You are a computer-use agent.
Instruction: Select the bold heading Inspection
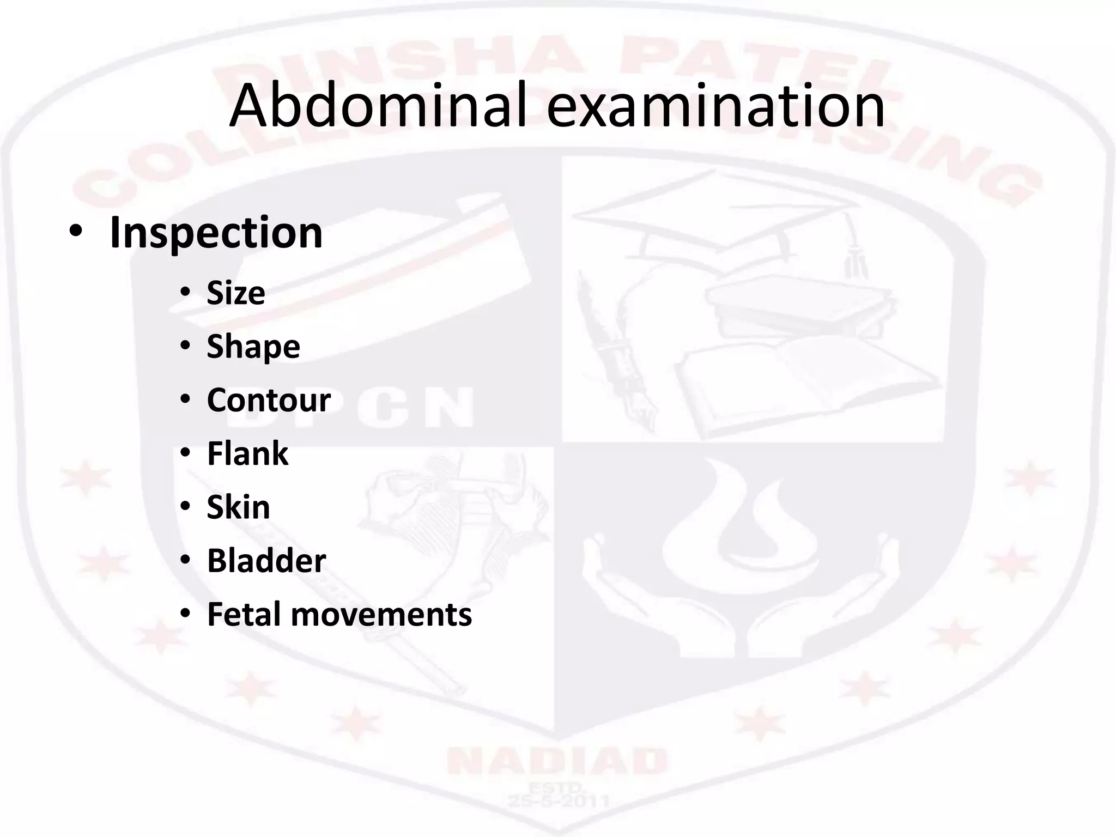coord(216,233)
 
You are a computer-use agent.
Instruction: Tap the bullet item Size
coord(236,293)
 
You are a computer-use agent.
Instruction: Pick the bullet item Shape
coord(253,347)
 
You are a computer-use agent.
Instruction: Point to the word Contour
coord(269,400)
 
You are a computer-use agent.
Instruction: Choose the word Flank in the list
coord(247,453)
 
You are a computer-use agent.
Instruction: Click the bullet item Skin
coord(238,507)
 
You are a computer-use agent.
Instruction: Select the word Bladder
coord(266,560)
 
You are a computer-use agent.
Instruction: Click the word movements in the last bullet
coord(381,615)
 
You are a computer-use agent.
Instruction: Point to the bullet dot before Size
coord(185,294)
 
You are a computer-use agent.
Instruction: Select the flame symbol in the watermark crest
coord(741,523)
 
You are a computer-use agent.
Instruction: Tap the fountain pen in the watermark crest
coord(616,349)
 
